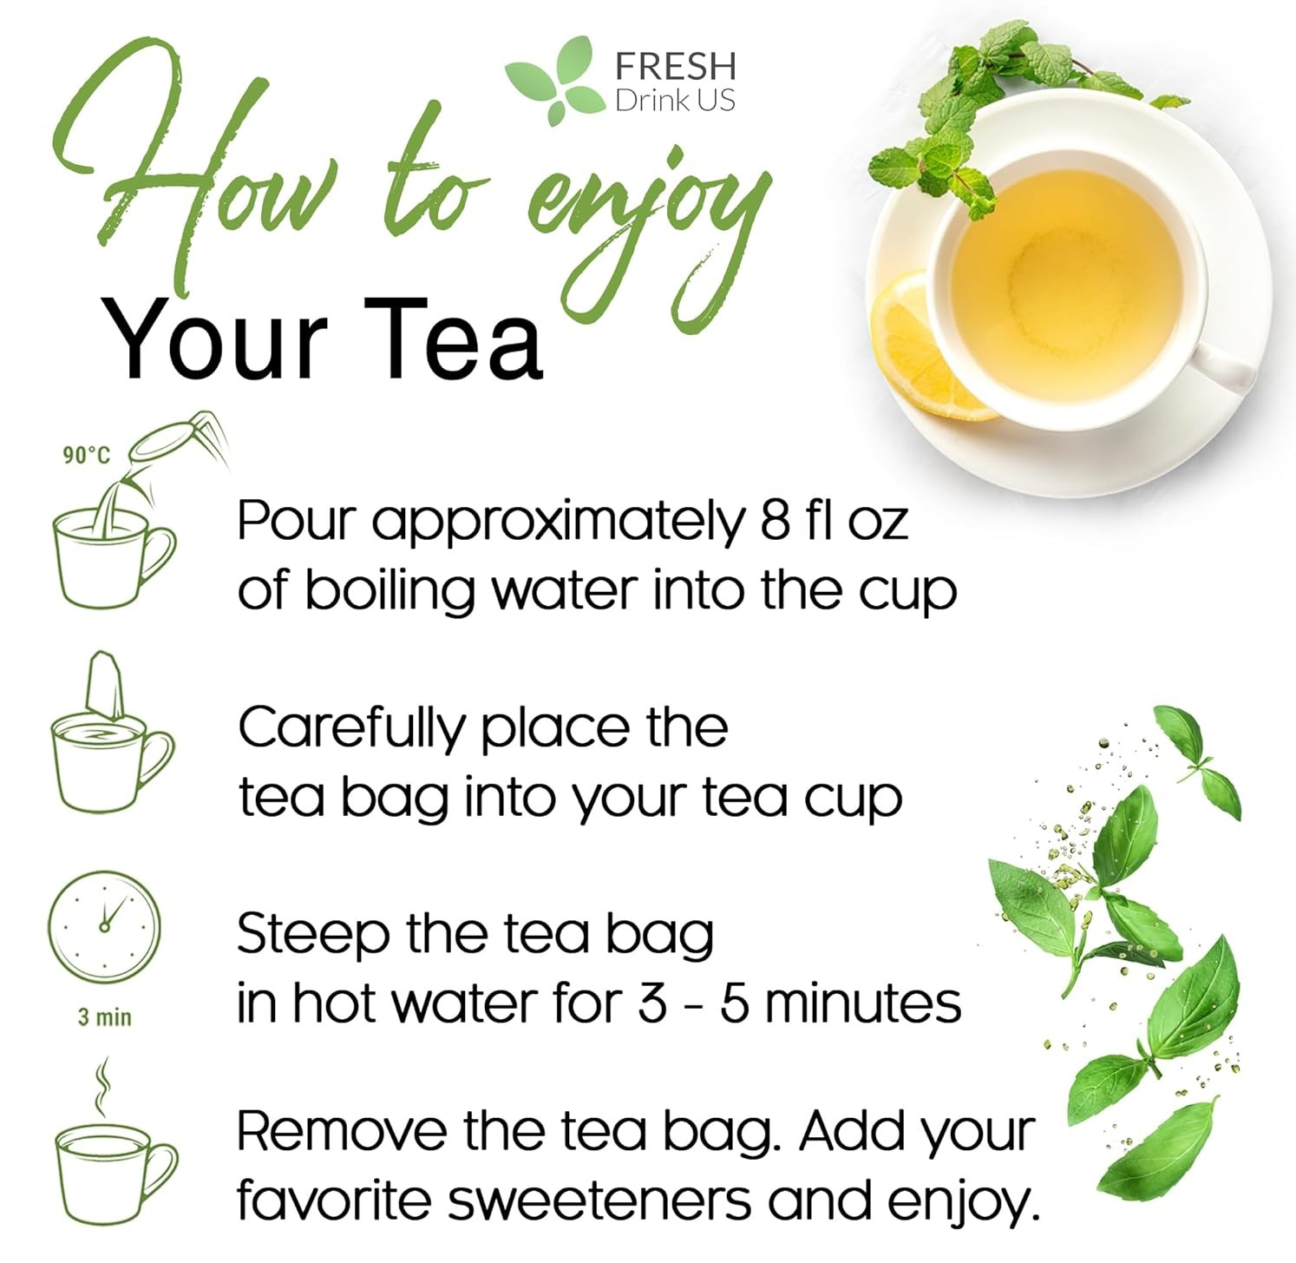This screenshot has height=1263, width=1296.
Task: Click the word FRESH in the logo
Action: pyautogui.click(x=674, y=66)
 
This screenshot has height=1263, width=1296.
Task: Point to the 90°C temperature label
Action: pyautogui.click(x=87, y=455)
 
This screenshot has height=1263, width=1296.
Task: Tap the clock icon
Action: pyautogui.click(x=104, y=926)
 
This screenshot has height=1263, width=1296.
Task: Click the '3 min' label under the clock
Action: pyautogui.click(x=104, y=1016)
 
